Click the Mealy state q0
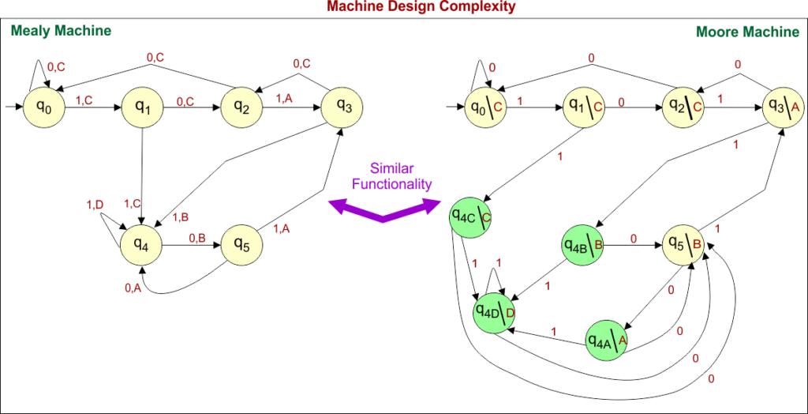click(x=43, y=107)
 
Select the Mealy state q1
click(x=142, y=107)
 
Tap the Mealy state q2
click(x=241, y=107)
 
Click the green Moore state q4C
click(x=470, y=216)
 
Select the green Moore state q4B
click(x=582, y=244)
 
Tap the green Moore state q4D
click(x=494, y=310)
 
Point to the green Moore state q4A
click(x=606, y=340)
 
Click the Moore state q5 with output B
click(x=683, y=244)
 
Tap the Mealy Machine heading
click(x=60, y=31)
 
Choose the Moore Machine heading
click(x=747, y=32)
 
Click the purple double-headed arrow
click(x=383, y=209)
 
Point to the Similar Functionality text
click(x=402, y=176)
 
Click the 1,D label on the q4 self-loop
click(x=95, y=205)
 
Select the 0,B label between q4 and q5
click(x=196, y=236)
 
